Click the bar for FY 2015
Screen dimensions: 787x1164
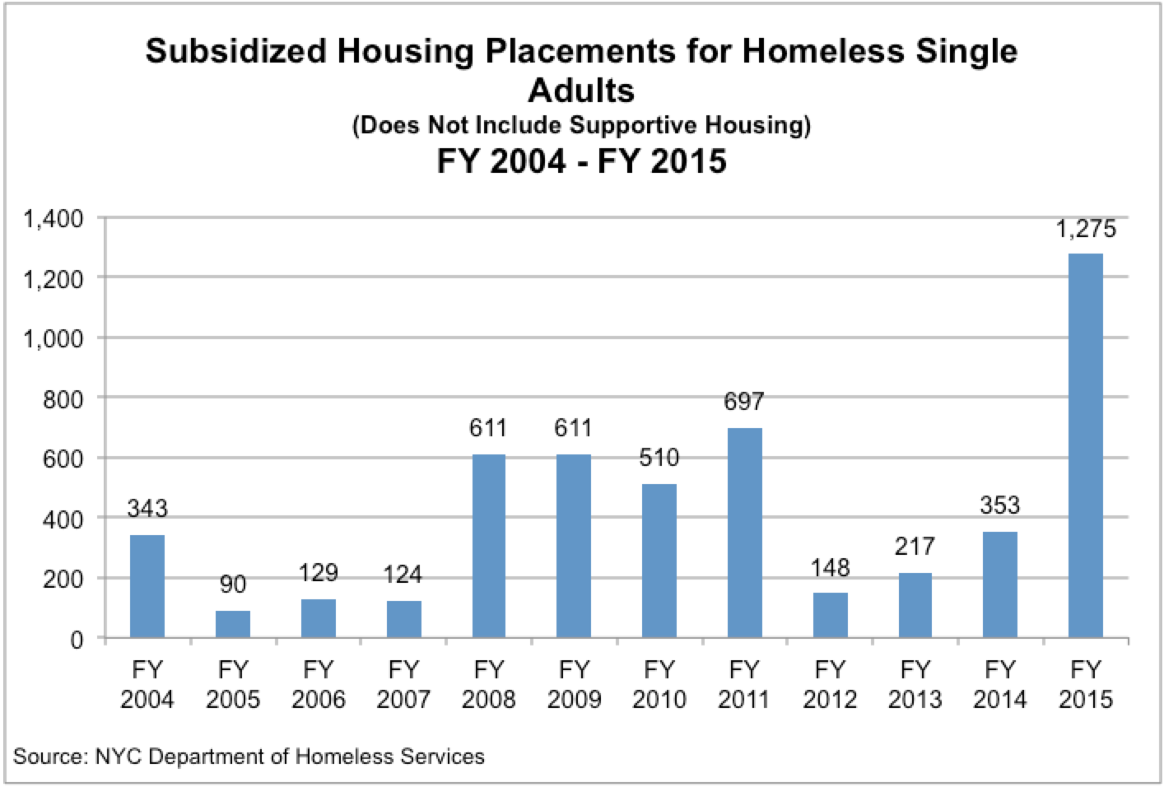(1086, 445)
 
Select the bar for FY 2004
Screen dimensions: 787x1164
(147, 586)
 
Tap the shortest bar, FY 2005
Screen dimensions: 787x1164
(233, 624)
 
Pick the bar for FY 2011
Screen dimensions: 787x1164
(744, 533)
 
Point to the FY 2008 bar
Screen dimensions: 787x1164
(488, 546)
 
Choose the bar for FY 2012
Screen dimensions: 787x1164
(830, 615)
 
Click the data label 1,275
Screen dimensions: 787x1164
(1086, 229)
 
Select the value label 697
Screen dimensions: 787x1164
(744, 402)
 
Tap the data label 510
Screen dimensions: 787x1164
(659, 458)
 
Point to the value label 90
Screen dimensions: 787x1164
(233, 584)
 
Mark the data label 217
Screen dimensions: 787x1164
(915, 547)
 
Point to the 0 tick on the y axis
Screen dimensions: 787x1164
(77, 639)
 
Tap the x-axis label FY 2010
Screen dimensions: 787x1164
(659, 684)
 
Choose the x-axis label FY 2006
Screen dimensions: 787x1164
(318, 684)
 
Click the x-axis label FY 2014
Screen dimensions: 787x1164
(1000, 684)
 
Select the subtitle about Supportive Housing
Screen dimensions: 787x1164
(581, 126)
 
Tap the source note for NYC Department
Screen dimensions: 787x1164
(249, 755)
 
